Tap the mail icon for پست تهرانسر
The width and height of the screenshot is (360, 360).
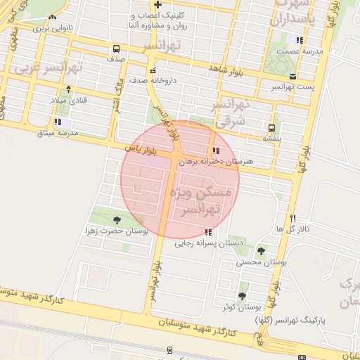(293, 76)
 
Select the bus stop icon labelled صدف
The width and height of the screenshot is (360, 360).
(116, 49)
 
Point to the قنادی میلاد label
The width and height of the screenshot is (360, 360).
(72, 100)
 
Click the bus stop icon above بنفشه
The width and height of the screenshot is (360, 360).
(271, 128)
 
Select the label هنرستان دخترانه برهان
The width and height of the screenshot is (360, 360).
(214, 161)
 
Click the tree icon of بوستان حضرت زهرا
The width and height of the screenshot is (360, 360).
(117, 220)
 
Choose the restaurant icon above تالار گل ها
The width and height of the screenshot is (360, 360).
(293, 218)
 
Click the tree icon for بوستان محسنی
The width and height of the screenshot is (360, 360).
(262, 251)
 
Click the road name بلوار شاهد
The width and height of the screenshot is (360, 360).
(228, 67)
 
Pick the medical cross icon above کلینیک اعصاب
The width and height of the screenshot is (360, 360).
(157, 4)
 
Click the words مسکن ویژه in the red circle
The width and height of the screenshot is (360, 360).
(207, 191)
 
